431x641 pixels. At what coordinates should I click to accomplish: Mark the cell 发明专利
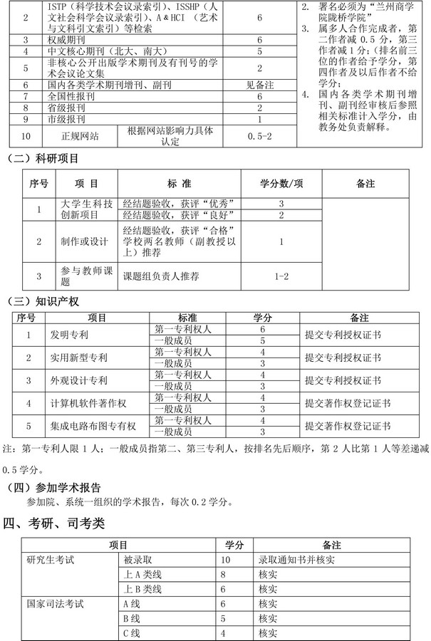(69, 335)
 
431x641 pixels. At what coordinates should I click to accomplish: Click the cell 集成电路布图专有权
(93, 427)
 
